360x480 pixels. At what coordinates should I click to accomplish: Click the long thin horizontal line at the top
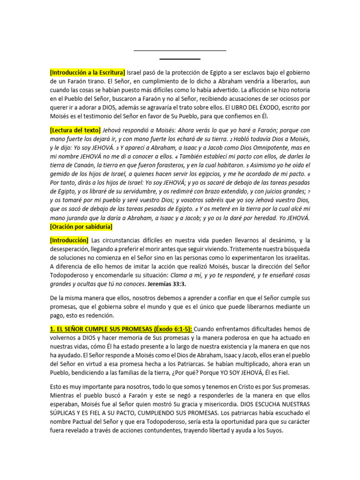(180, 51)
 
